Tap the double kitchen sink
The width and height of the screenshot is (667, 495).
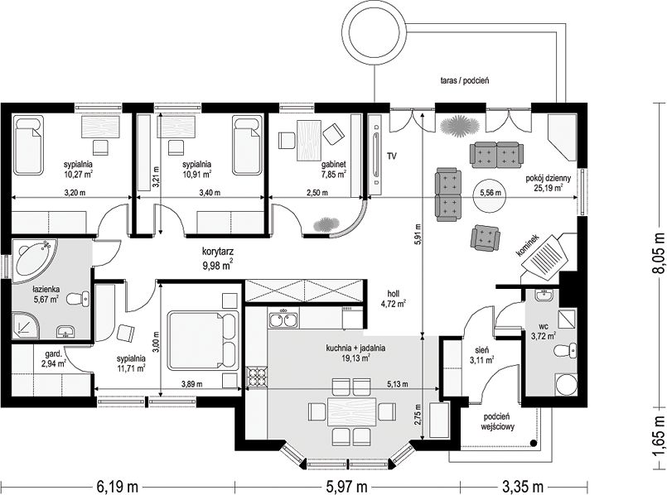coord(283,318)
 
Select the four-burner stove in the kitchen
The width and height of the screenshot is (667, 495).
coord(257,378)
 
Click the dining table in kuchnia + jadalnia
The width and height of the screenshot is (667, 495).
coord(352,411)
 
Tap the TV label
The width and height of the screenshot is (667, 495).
coord(392,156)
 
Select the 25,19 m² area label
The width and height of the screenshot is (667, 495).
coord(549,187)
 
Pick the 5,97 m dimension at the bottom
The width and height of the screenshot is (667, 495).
coord(347,486)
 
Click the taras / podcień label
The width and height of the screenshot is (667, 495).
coord(465,80)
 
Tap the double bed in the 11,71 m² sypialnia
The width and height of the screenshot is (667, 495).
coord(203,340)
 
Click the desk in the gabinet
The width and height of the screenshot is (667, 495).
coord(308,140)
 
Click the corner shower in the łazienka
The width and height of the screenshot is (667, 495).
coord(26,326)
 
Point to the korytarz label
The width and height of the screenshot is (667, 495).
coord(218,251)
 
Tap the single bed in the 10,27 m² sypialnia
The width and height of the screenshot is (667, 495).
coord(28,147)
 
